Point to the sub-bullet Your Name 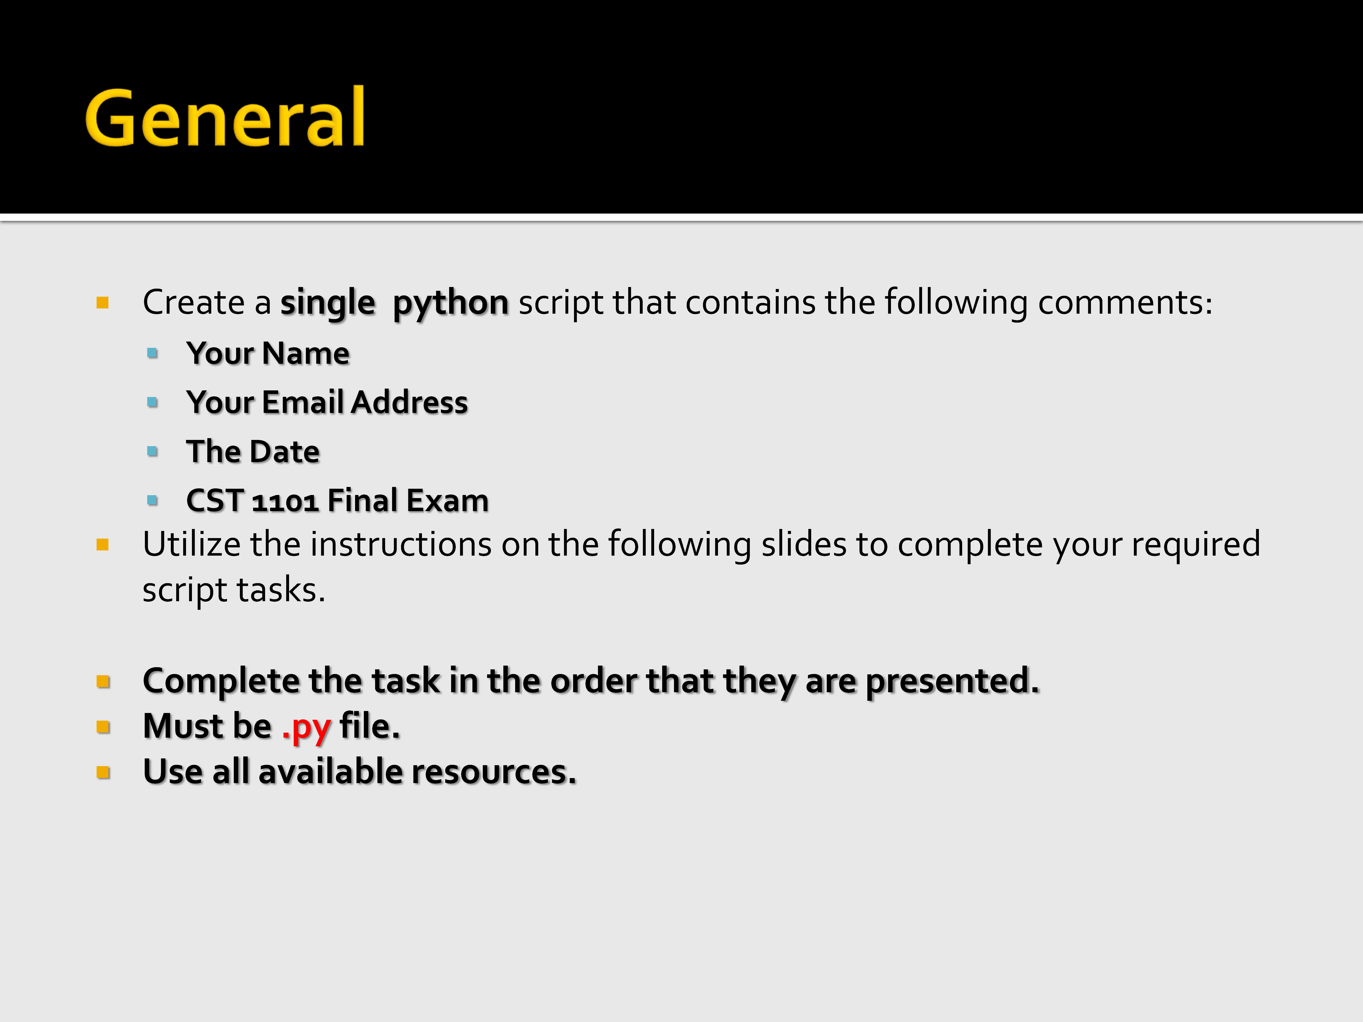(x=268, y=354)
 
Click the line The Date (x=253, y=452)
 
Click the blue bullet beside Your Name (x=153, y=354)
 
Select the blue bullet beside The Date (x=153, y=452)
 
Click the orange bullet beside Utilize (x=103, y=545)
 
